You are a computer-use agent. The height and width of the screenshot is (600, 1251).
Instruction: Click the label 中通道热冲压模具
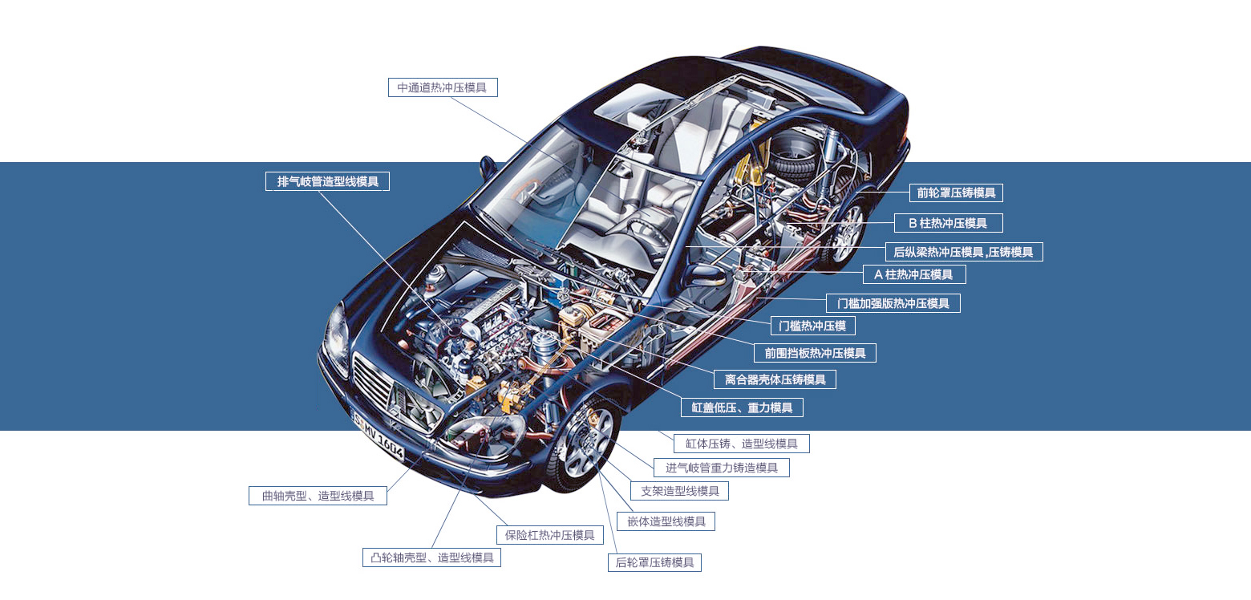443,87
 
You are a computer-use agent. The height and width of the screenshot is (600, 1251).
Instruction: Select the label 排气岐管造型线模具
327,181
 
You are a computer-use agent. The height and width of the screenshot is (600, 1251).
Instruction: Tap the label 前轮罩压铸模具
956,193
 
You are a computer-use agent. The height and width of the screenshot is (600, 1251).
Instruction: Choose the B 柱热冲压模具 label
948,223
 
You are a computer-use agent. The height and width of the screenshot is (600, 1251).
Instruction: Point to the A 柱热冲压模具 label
914,274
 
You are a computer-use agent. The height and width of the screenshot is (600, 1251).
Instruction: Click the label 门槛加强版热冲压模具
893,303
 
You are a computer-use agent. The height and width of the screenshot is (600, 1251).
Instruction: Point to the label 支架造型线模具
679,491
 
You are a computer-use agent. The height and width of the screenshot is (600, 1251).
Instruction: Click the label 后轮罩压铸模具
654,562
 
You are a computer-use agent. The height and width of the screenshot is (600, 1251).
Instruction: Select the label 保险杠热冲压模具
549,535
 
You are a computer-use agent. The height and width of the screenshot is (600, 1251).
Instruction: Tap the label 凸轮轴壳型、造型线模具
431,557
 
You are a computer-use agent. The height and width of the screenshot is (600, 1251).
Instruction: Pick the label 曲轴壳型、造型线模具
318,496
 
